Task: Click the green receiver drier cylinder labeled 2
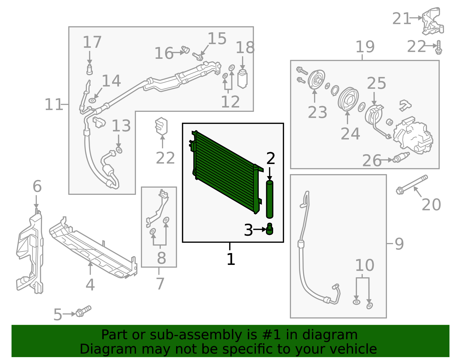pyautogui.click(x=269, y=199)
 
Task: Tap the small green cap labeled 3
pyautogui.click(x=269, y=229)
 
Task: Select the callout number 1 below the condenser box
pyautogui.click(x=231, y=259)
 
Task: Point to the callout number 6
pyautogui.click(x=37, y=186)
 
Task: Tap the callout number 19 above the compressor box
pyautogui.click(x=365, y=47)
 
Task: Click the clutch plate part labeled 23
pyautogui.click(x=316, y=80)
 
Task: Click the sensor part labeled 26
pyautogui.click(x=401, y=158)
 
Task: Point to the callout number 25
pyautogui.click(x=376, y=84)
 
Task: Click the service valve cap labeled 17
pyautogui.click(x=90, y=69)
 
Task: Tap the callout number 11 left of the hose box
pyautogui.click(x=54, y=105)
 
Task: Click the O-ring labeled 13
pyautogui.click(x=119, y=150)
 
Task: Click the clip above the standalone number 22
pyautogui.click(x=161, y=126)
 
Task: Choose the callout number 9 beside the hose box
pyautogui.click(x=399, y=244)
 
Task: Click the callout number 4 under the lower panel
pyautogui.click(x=90, y=285)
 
